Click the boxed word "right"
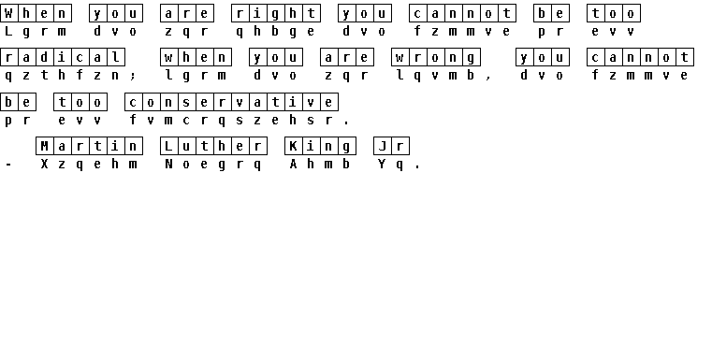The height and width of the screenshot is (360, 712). (276, 13)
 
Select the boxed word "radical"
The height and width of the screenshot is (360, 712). (63, 57)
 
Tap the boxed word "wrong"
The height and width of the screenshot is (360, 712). (436, 57)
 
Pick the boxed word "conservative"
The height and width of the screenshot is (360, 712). (232, 102)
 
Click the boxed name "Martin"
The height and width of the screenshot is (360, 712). (90, 146)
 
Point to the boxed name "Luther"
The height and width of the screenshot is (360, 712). (214, 146)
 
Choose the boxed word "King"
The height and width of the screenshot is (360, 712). (321, 146)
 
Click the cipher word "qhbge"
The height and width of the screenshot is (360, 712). (276, 31)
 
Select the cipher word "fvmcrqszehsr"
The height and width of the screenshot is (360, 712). (232, 121)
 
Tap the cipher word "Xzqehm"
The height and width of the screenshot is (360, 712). (90, 164)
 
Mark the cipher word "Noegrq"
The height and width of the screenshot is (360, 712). (214, 164)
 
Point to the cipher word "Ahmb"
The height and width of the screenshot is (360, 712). (321, 164)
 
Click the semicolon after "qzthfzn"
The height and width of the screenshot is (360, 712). (133, 76)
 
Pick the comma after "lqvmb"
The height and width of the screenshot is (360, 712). (488, 77)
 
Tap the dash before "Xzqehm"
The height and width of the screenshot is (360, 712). (8, 165)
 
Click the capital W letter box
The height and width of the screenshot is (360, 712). (9, 13)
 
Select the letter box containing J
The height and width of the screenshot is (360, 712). (383, 146)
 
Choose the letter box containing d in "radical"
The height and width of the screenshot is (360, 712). (45, 57)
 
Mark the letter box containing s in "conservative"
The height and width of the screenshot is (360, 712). (187, 102)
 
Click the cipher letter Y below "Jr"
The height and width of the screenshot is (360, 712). (382, 164)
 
